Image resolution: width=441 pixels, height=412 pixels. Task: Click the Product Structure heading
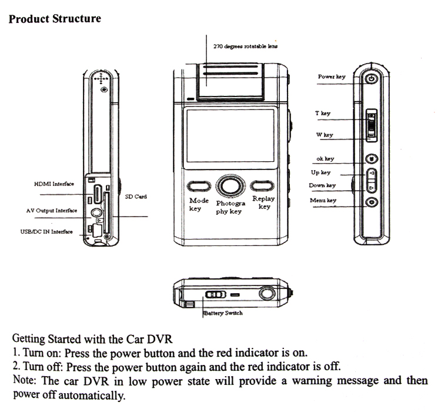(55, 18)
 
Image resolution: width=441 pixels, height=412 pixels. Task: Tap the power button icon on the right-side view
(372, 79)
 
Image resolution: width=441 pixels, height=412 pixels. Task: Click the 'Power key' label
(332, 77)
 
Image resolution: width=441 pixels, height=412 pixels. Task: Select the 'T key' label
(323, 113)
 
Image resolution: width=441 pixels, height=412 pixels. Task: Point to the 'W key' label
(324, 135)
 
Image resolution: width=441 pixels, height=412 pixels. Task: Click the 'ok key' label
(325, 159)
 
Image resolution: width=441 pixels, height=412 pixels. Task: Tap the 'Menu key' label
(323, 201)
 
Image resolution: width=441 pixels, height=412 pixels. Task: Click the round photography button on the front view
(228, 186)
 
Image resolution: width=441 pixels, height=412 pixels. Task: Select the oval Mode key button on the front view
(198, 187)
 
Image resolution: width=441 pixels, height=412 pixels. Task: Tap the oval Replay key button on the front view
(261, 187)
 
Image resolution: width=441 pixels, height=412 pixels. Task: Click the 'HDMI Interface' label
(54, 184)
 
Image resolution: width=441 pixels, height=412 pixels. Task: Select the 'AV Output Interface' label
(52, 210)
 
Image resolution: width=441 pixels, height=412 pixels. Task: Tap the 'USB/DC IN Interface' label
(46, 232)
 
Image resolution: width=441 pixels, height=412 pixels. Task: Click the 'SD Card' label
(136, 197)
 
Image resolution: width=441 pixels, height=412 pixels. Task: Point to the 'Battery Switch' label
(223, 313)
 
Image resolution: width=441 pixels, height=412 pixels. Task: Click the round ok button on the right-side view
(372, 158)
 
